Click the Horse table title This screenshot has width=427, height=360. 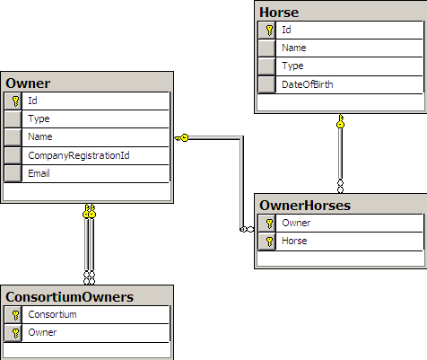(279, 13)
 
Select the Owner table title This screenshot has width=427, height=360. (28, 83)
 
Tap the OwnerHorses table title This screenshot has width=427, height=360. (305, 206)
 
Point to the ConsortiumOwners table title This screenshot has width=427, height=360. (70, 297)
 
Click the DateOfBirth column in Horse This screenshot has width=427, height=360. (308, 84)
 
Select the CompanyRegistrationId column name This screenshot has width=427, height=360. (79, 155)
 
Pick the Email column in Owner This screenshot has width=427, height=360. (39, 173)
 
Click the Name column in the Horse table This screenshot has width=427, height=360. (294, 48)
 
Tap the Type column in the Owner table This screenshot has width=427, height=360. (39, 119)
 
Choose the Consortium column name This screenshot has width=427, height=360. (52, 314)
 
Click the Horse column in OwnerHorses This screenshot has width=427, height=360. (294, 241)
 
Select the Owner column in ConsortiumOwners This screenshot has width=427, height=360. (42, 332)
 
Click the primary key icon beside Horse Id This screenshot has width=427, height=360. (269, 31)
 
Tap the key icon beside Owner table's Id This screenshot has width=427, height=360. (16, 101)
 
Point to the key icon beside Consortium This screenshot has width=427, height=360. (16, 315)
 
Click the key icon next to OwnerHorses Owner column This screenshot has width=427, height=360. (269, 224)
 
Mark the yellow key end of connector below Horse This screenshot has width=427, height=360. (340, 121)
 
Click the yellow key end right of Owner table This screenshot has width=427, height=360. (182, 138)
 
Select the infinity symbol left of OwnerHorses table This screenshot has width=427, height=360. (247, 230)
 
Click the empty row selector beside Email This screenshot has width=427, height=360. (13, 173)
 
